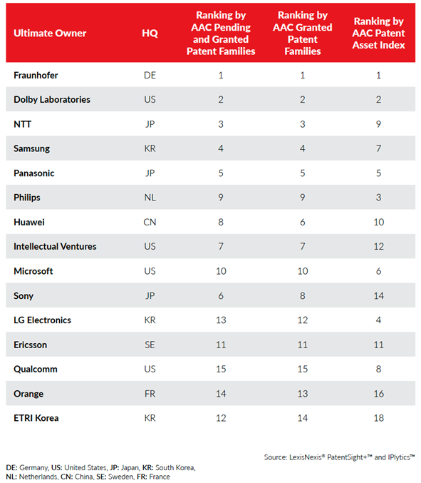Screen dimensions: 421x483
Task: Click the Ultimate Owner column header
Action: tap(50, 33)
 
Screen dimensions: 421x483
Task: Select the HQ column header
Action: tap(150, 33)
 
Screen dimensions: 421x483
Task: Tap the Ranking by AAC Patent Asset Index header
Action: tap(378, 33)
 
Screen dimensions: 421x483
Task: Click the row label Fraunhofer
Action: tap(36, 75)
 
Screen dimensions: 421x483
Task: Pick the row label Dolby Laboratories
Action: tap(52, 99)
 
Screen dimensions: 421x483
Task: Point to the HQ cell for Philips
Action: tap(150, 198)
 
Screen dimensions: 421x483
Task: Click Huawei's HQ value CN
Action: tap(150, 222)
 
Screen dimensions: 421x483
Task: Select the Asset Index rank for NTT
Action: tap(378, 124)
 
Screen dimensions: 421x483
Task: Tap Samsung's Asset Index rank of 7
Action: tap(378, 148)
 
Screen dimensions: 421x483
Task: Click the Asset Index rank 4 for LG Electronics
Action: tap(378, 320)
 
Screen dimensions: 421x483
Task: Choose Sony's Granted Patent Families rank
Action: tap(303, 295)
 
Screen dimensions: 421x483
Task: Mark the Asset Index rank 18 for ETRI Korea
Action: tap(378, 418)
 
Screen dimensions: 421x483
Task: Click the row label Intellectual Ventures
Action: tap(55, 246)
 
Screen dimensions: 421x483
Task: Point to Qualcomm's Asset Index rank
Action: tap(378, 369)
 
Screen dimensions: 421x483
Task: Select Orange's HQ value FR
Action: tap(150, 394)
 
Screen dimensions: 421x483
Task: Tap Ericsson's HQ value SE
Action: tap(150, 345)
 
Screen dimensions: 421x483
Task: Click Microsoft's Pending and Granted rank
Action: tap(221, 271)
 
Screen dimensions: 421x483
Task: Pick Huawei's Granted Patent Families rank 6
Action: tap(303, 222)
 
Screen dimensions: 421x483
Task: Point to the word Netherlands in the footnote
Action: tap(38, 477)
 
